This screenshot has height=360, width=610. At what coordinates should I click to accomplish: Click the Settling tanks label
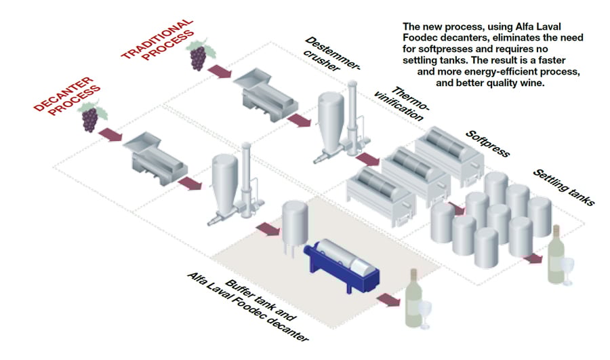pos(564,187)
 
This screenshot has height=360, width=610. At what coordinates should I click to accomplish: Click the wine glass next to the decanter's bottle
pos(426,313)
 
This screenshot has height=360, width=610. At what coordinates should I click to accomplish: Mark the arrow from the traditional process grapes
pos(220,71)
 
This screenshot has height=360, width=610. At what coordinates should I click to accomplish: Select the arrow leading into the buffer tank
pos(268,228)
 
